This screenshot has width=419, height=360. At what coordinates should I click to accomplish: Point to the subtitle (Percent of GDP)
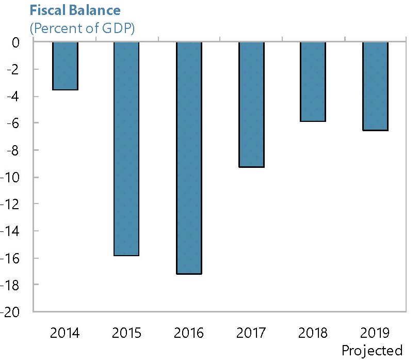tap(83, 27)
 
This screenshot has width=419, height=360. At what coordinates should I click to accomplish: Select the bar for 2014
tap(65, 66)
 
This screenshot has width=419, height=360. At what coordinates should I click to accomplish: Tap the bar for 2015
tap(127, 149)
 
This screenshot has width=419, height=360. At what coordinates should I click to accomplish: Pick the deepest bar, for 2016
tap(189, 158)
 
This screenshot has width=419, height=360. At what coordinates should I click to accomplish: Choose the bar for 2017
tap(251, 104)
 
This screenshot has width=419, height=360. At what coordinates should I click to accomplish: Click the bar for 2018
tap(313, 82)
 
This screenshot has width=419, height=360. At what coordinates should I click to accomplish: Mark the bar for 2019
tap(375, 86)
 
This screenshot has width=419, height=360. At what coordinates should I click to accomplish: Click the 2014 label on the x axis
tap(65, 332)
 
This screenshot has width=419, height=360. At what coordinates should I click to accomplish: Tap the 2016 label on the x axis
tap(189, 332)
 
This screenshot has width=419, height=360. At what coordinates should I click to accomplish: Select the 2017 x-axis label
tap(251, 332)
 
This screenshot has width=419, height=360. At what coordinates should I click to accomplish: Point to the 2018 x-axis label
tap(313, 332)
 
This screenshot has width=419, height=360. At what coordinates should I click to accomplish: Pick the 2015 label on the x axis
tap(127, 332)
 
